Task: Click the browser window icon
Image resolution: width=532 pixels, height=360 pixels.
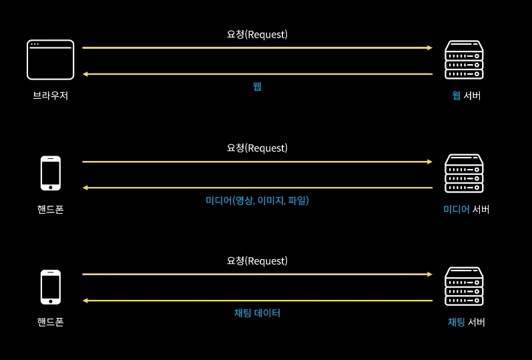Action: coord(50,60)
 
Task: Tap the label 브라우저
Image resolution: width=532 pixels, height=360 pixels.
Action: coord(51,96)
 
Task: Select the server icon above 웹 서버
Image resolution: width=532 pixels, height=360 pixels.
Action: coord(464,60)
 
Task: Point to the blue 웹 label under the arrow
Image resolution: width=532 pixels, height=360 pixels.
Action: coord(257,86)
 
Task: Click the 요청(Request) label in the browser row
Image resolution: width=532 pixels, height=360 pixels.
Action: coord(257,35)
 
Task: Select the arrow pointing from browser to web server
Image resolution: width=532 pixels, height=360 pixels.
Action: coord(257,48)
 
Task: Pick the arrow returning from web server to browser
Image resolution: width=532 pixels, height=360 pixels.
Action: coord(257,74)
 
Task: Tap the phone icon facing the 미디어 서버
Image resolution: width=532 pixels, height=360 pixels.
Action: coord(51,174)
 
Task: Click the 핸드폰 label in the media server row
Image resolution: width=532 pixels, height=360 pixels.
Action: coord(51,209)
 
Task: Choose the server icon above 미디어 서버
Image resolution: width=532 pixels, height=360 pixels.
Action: coord(464,174)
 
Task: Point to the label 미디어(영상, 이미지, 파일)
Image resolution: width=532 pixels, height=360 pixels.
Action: coord(257,200)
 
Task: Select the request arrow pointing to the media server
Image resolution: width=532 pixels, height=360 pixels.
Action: coord(257,162)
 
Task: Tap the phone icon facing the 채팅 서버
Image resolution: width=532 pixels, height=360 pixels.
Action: coord(51,287)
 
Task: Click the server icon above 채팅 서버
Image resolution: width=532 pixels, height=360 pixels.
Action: coord(464,287)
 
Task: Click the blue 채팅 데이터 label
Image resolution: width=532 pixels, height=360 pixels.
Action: coord(257,313)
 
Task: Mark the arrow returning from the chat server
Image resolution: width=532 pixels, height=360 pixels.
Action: coord(257,301)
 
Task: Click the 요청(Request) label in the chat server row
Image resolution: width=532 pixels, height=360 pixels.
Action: coord(257,260)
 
